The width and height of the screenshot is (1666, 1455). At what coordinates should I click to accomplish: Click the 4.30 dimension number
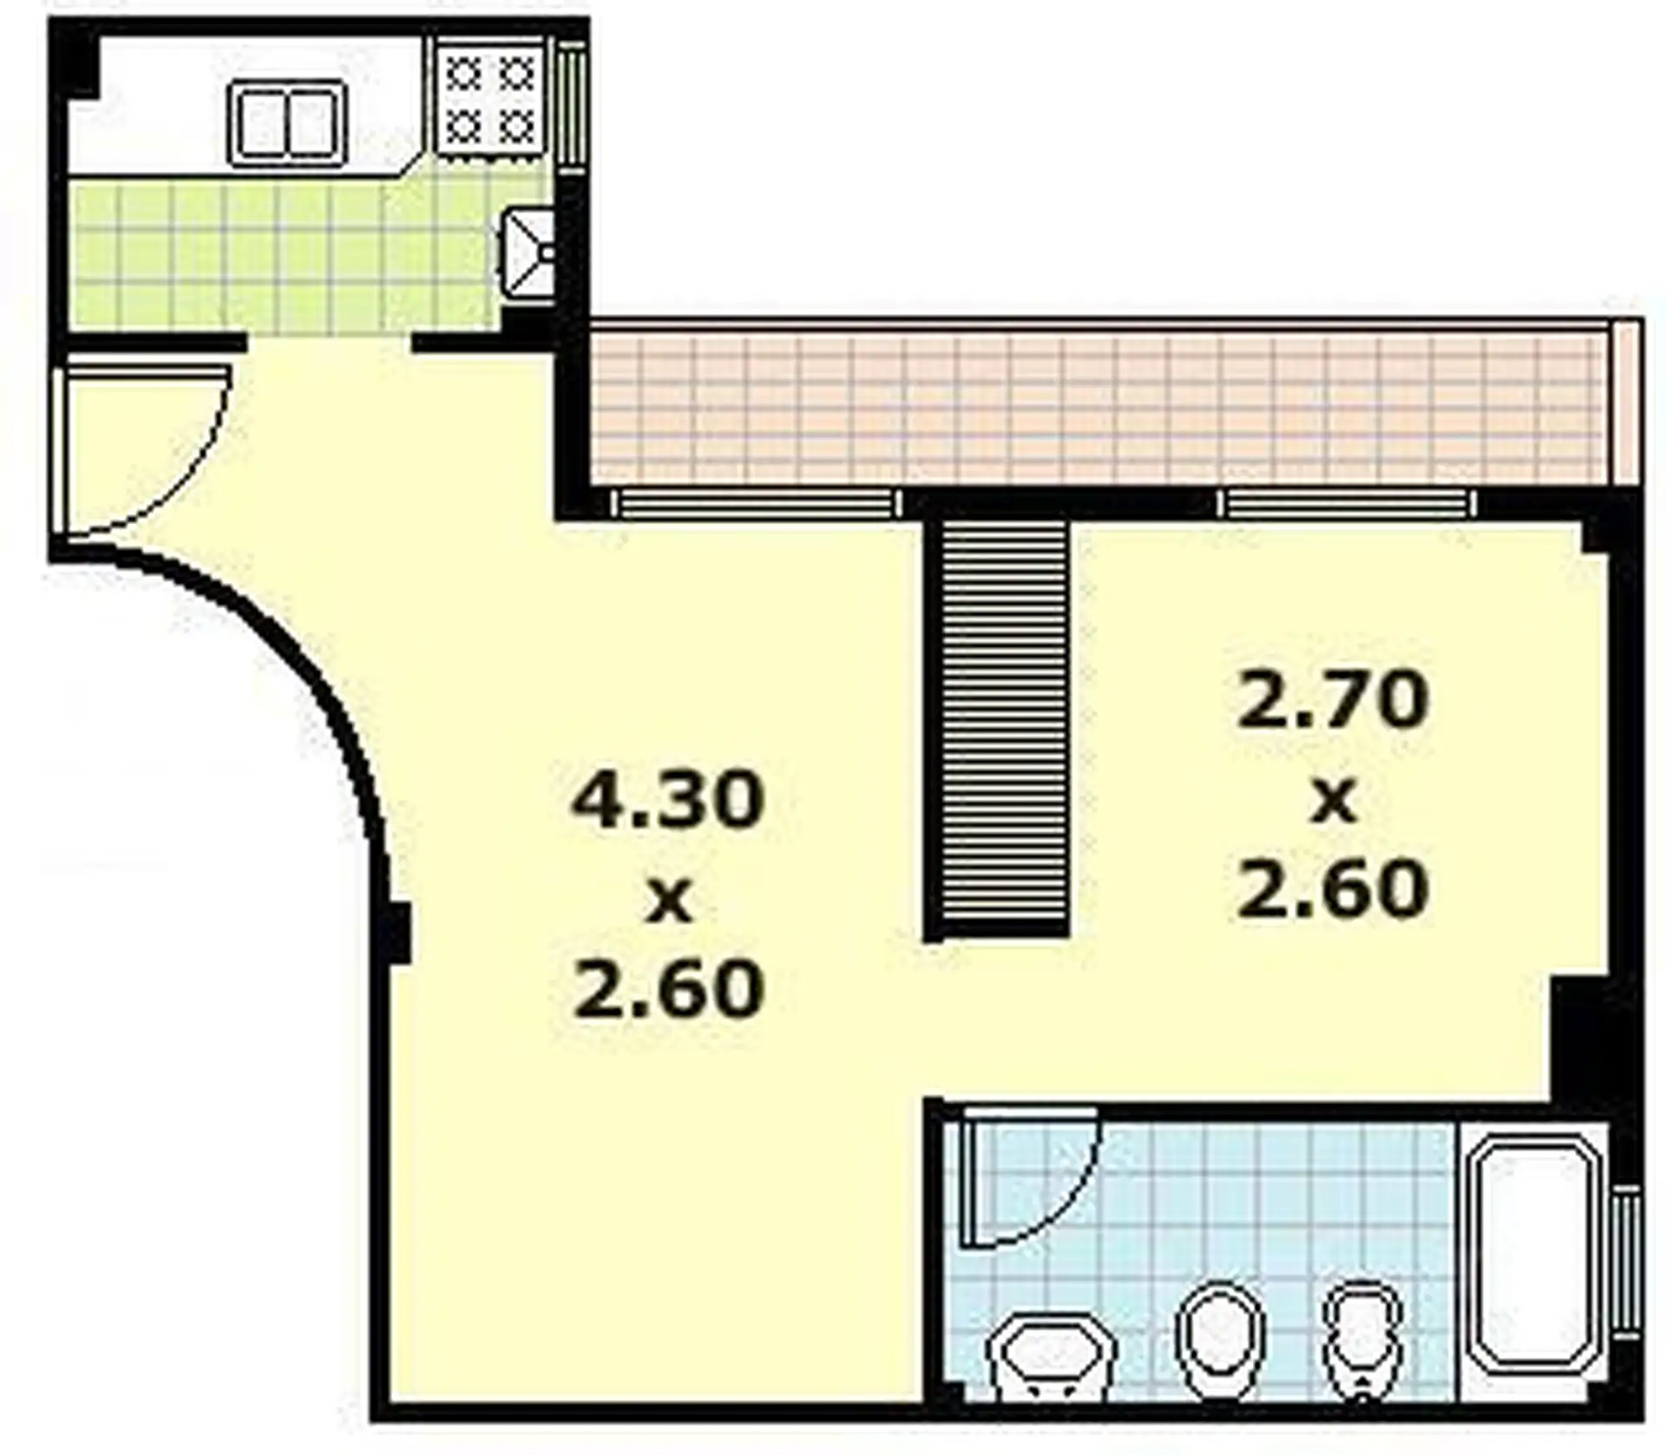(x=667, y=801)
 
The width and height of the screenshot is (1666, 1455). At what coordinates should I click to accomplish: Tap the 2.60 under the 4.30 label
(x=668, y=990)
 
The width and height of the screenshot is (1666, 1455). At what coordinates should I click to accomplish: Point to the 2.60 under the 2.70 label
(x=1333, y=888)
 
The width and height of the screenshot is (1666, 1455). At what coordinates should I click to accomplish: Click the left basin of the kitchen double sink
(x=259, y=122)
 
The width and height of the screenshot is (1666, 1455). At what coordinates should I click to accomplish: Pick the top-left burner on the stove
(x=467, y=75)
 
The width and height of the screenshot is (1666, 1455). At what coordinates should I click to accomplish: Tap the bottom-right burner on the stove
(x=519, y=128)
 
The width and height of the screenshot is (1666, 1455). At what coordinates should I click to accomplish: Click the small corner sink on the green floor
(x=528, y=257)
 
